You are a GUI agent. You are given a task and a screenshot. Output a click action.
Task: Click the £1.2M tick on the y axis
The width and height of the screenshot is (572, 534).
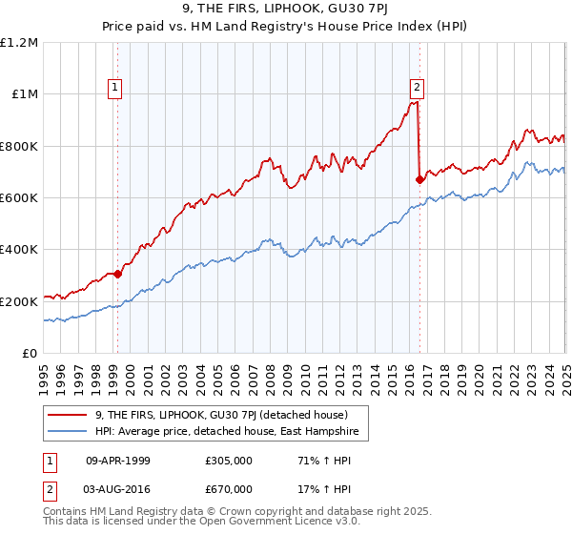pos(19,43)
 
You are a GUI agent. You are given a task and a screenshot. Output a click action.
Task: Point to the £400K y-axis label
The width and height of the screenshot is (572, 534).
pos(19,250)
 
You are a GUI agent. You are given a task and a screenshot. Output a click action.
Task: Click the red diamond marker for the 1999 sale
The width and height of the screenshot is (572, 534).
pos(117,275)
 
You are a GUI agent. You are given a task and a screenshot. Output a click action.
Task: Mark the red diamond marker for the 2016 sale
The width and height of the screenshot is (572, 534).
pos(419,179)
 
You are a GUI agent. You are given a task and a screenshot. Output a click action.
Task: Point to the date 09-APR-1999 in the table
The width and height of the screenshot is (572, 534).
pos(119,460)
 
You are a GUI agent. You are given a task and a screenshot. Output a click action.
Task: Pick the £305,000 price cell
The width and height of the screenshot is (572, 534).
pos(225,460)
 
